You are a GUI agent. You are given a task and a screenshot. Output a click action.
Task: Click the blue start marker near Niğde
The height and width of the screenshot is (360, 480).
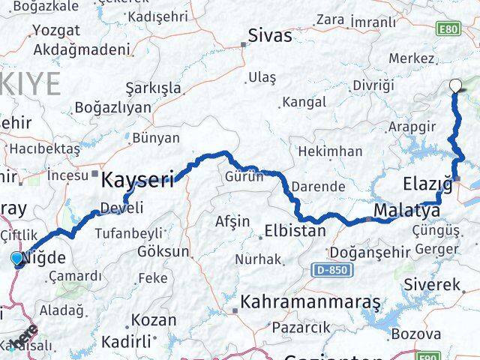[x=18, y=259]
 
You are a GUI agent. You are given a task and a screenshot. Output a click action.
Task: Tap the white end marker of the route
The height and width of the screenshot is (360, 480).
[x=454, y=85]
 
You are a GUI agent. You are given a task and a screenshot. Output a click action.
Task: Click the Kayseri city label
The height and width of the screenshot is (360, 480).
[x=137, y=179]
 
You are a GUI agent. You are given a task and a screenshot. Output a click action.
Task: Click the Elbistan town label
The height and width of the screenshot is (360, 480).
[x=295, y=231]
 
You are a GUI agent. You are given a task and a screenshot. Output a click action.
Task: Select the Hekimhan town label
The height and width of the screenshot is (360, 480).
[x=330, y=151]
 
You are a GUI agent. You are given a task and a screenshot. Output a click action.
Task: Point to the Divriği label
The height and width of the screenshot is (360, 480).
[x=373, y=85]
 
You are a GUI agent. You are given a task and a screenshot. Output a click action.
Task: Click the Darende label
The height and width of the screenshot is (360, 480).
[x=319, y=186]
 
